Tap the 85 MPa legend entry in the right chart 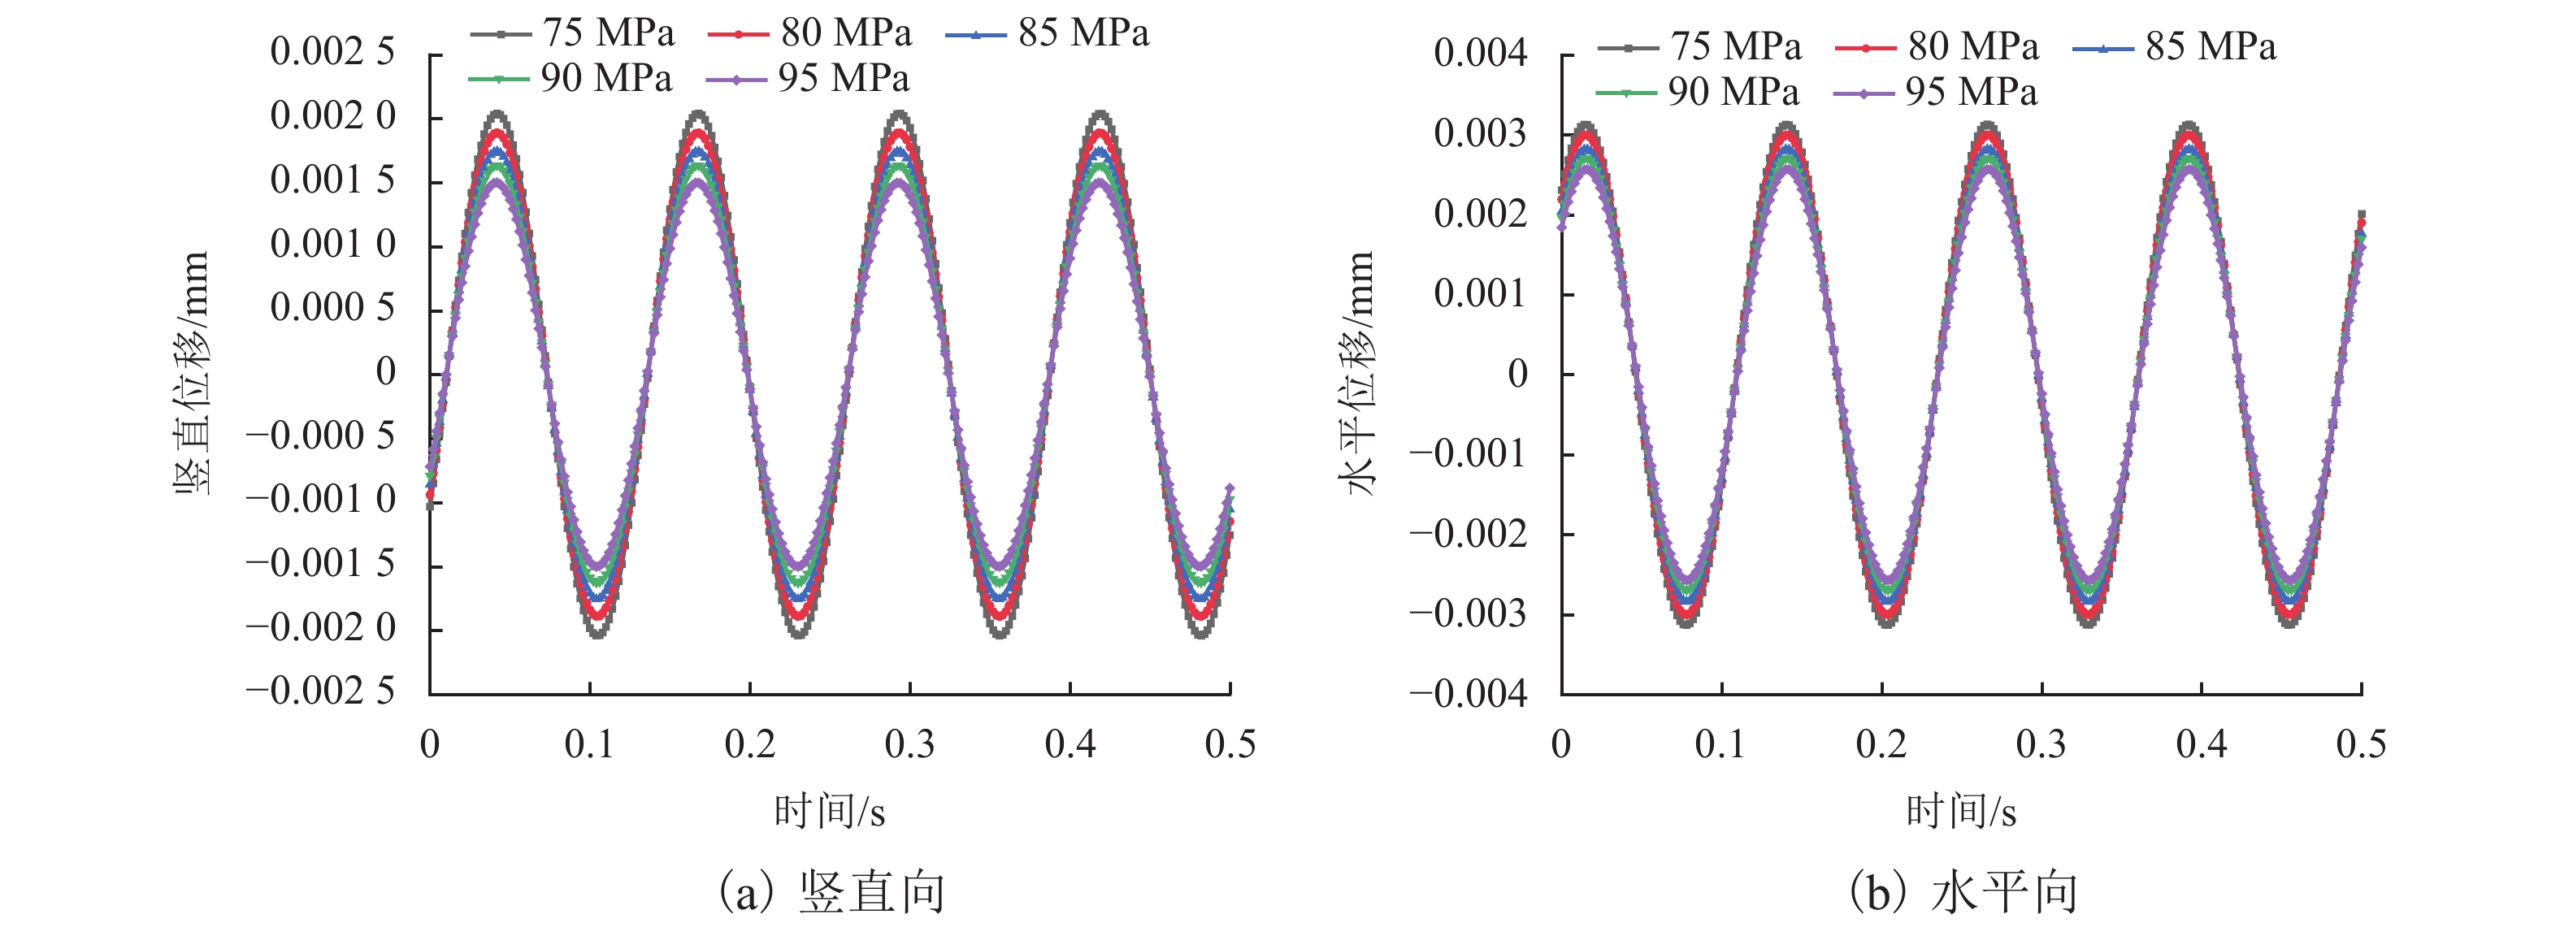tap(2176, 46)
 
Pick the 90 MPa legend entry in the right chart tap(1699, 93)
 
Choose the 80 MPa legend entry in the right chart tap(1938, 46)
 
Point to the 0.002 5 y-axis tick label tap(332, 52)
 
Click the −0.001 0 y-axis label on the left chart tap(320, 500)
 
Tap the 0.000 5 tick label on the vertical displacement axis tap(332, 308)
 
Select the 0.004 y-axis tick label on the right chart tap(1480, 53)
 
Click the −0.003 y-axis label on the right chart tap(1467, 614)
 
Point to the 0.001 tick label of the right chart tap(1480, 294)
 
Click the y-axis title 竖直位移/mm tap(192, 373)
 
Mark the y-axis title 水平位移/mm tap(1357, 373)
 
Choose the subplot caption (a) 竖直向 tap(830, 892)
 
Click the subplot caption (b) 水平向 tap(1963, 892)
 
